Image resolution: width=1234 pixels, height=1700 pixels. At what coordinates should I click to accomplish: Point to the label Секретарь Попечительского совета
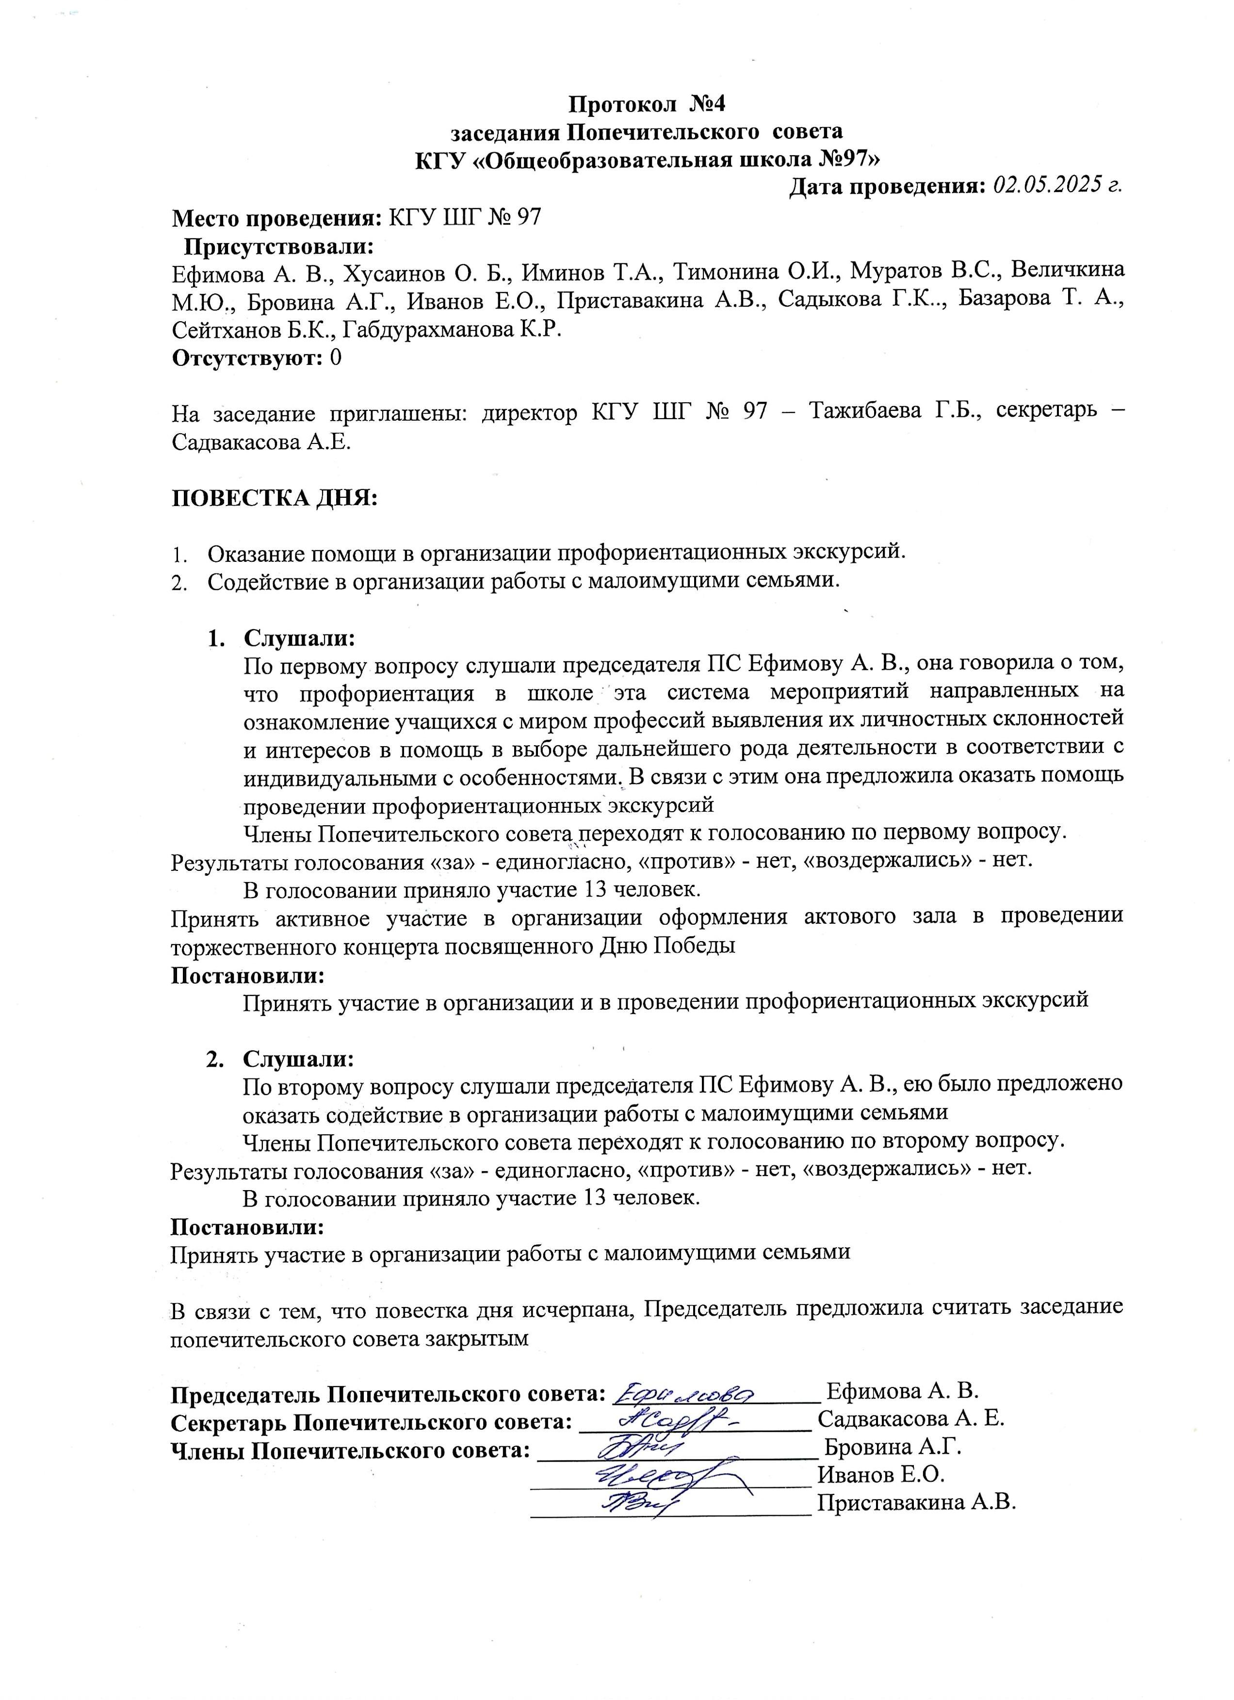372,1421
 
